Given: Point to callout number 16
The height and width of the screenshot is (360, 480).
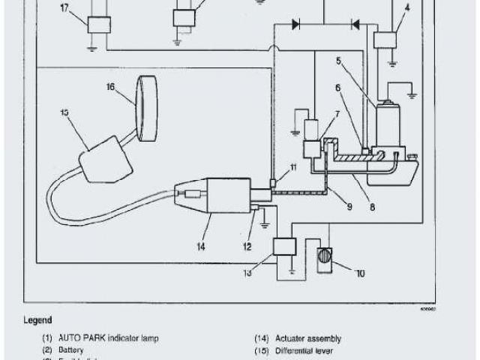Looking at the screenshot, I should tap(110, 88).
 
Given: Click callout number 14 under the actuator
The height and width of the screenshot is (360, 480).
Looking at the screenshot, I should tap(200, 243).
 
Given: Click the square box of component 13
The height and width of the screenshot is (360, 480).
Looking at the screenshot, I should tap(284, 246).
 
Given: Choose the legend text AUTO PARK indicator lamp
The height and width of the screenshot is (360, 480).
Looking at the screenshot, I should tap(111, 338).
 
